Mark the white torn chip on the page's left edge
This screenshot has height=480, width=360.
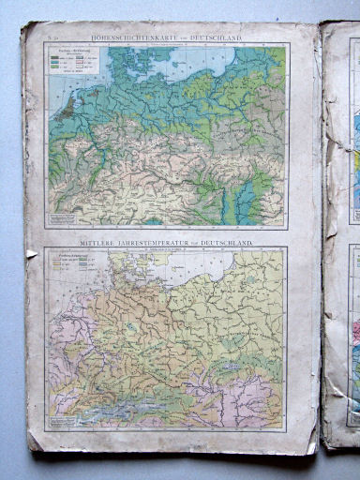[x=31, y=252]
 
